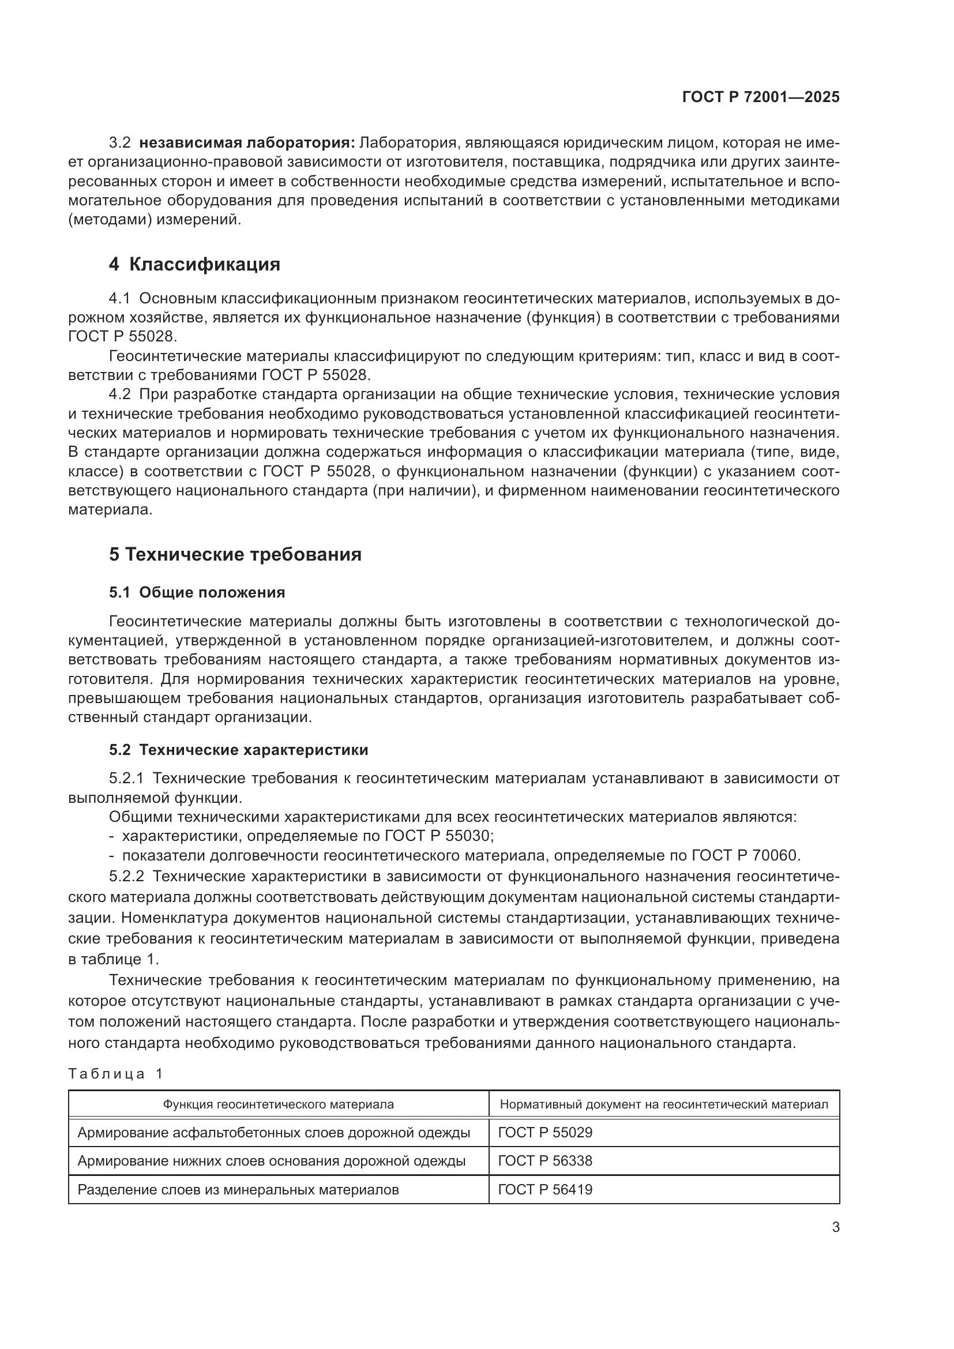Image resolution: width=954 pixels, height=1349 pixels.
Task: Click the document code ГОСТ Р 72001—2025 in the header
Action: click(x=761, y=97)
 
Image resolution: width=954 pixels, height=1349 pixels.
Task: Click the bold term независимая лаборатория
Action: click(x=247, y=143)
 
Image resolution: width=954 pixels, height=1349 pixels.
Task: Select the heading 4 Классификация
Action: click(x=194, y=264)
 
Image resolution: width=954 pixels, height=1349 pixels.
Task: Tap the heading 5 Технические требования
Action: click(x=235, y=554)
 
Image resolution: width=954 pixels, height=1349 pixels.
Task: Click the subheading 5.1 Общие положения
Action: click(x=197, y=592)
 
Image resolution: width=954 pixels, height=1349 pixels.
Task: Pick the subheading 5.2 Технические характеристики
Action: click(x=239, y=750)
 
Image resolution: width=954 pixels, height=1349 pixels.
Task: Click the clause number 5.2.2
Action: click(x=126, y=876)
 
